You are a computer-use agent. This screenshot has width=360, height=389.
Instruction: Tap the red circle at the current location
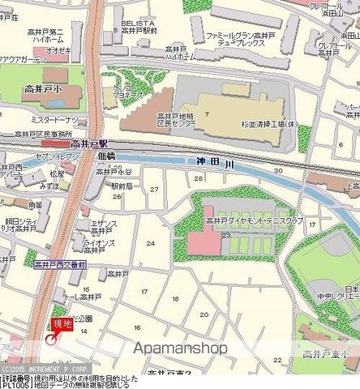(x=52, y=339)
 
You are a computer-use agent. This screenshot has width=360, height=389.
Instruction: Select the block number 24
(x=150, y=243)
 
